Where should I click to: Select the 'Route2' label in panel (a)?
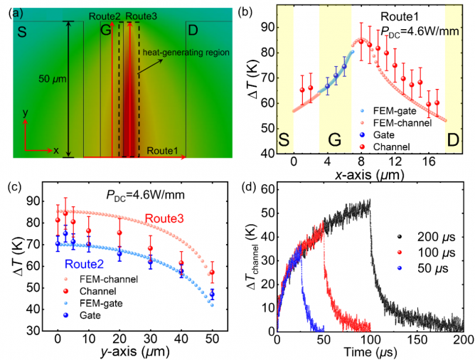point(104,16)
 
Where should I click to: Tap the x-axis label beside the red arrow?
point(55,151)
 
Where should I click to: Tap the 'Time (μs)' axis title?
point(370,351)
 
